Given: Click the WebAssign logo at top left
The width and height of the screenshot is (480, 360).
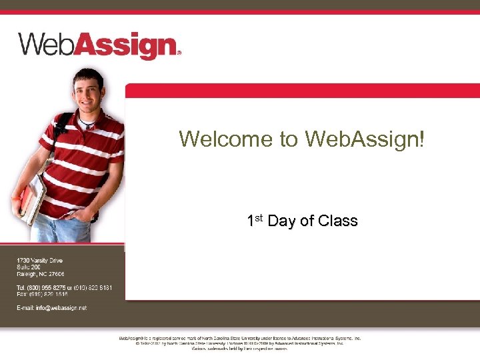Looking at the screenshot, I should [x=98, y=45].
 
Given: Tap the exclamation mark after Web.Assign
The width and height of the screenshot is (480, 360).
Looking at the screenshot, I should [x=421, y=139].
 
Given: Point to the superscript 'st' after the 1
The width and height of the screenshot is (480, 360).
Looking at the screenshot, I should [x=259, y=217].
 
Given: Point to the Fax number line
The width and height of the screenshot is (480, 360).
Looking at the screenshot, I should [x=42, y=294].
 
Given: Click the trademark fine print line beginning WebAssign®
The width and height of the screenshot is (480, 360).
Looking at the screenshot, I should [x=240, y=338].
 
